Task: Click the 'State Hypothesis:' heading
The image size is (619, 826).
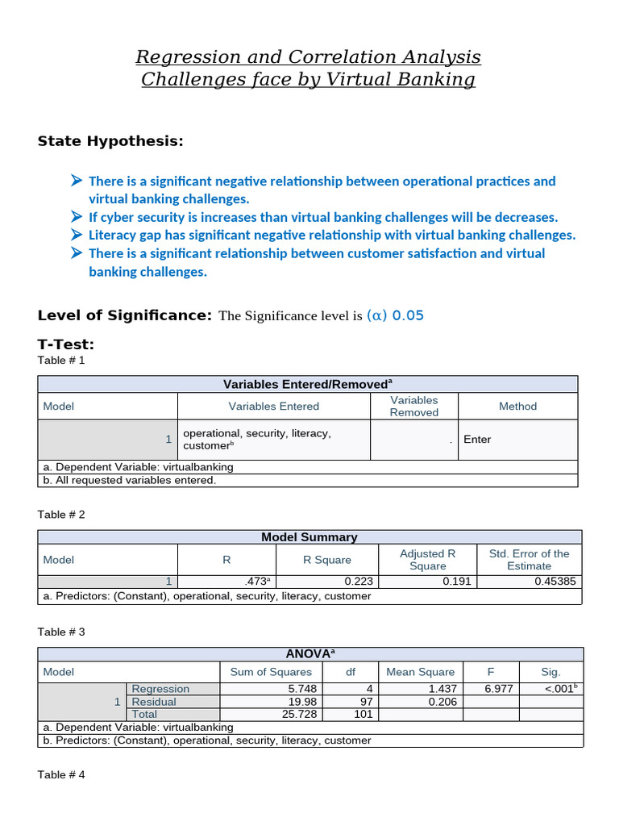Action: [x=110, y=142]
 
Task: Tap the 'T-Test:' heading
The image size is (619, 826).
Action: [x=66, y=344]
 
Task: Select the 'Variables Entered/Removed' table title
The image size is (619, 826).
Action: [x=307, y=384]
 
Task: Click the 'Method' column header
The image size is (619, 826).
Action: [x=517, y=407]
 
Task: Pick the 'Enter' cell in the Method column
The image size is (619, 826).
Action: [x=477, y=440]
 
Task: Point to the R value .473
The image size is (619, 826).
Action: [x=255, y=581]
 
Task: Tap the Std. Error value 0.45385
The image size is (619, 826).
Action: [x=555, y=581]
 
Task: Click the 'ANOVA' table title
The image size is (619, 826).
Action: [x=309, y=654]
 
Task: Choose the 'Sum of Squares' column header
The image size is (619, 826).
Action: [x=271, y=672]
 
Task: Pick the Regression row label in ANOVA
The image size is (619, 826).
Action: [x=160, y=689]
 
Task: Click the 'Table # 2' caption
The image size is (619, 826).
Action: [x=61, y=514]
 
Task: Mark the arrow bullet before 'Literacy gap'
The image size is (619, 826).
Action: [x=77, y=235]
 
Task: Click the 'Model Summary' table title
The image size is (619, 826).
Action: [x=309, y=536]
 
